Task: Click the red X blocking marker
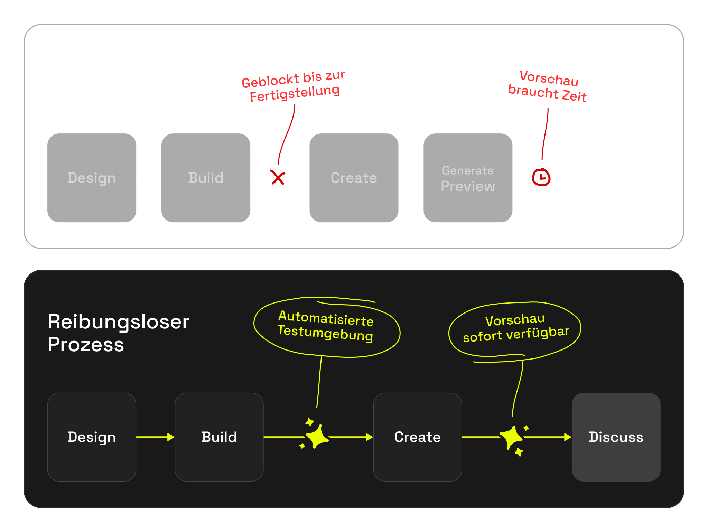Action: coord(278,178)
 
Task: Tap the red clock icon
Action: coord(541,178)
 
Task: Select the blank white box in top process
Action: coord(616,178)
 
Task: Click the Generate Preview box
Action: coord(468,178)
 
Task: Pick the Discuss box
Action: coord(616,437)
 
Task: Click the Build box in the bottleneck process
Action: coord(206,178)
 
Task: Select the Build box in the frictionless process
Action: coord(219,437)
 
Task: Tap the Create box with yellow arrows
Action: coord(417,437)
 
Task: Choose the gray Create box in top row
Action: coord(354,178)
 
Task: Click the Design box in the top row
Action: coord(92,178)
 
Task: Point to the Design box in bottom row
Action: coord(92,437)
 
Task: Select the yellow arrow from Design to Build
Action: coord(155,437)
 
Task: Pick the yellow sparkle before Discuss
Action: coord(512,437)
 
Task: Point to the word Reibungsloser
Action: coord(119,322)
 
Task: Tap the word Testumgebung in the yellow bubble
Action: coord(325,333)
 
